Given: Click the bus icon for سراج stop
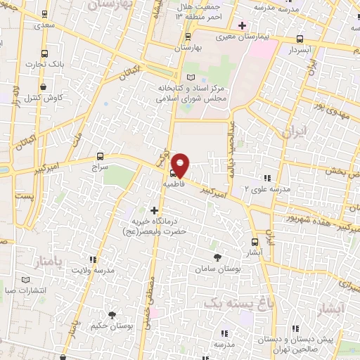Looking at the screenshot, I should tap(100, 157).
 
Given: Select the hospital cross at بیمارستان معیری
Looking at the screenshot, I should tap(241, 25).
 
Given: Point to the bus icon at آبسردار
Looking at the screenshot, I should tap(300, 39).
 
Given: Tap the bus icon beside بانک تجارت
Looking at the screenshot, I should tap(45, 53).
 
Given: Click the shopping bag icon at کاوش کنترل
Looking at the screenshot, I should tap(44, 86).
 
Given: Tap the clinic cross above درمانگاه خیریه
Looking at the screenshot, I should tap(154, 210).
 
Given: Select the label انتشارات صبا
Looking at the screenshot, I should tap(25, 289).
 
